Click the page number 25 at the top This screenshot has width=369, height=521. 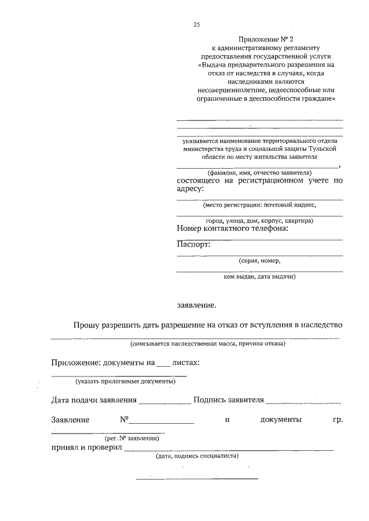(x=196, y=24)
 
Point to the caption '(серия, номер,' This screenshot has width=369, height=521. (x=259, y=261)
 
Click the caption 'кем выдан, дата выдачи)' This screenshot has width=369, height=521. (x=259, y=277)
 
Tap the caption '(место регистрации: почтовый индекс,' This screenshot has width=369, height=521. (x=259, y=204)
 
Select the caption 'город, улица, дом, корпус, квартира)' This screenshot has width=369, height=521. (x=259, y=220)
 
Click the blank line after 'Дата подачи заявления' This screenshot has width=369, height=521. (x=165, y=401)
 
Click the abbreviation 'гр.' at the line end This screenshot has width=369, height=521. (x=338, y=420)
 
